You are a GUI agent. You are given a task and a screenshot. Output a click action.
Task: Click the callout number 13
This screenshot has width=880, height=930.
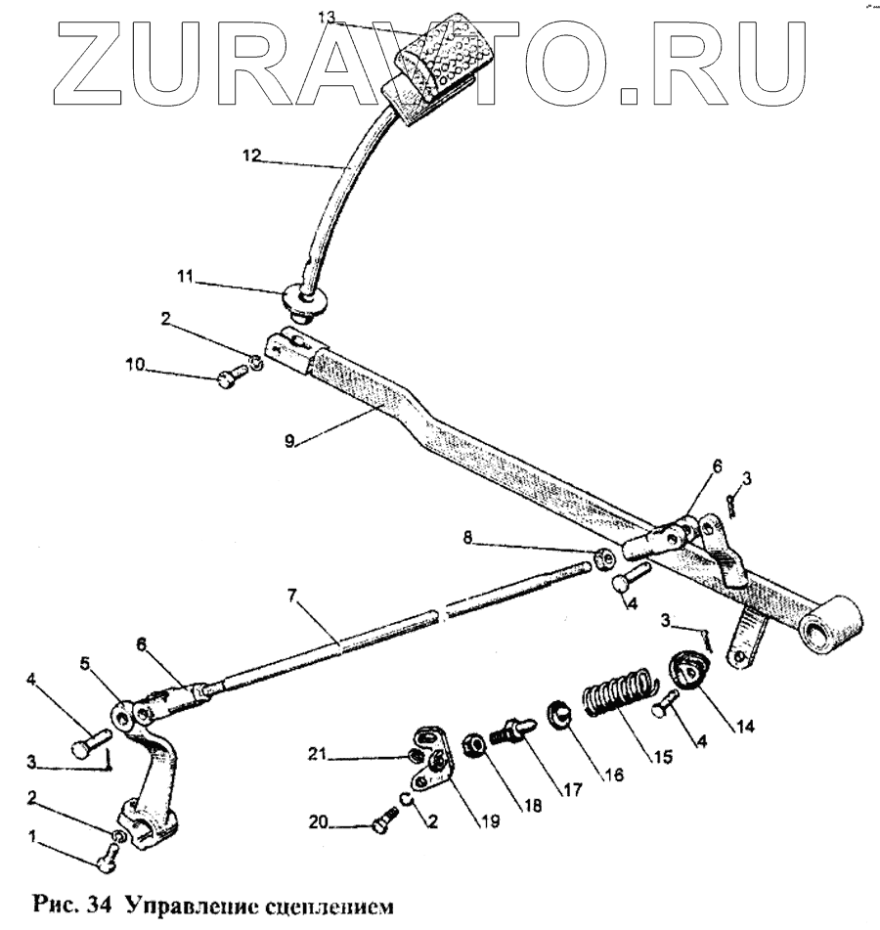329,16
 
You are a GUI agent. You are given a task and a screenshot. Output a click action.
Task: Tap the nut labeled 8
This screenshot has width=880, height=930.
604,559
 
